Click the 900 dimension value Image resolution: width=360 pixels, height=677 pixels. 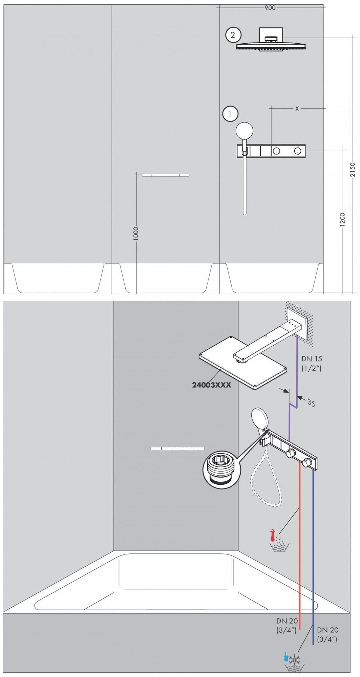(x=270, y=7)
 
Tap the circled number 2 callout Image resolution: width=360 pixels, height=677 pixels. (x=233, y=35)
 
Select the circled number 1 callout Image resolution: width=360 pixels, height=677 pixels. (x=230, y=114)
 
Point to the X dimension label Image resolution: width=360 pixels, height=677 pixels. (x=297, y=109)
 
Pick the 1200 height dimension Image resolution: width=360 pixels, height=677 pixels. (x=342, y=220)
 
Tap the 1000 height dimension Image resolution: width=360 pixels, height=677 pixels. (x=136, y=234)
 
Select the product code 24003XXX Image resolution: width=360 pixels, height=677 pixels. (x=211, y=385)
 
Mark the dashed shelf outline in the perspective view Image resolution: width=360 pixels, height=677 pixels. (x=177, y=448)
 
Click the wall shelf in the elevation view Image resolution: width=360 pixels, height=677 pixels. (x=165, y=175)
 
